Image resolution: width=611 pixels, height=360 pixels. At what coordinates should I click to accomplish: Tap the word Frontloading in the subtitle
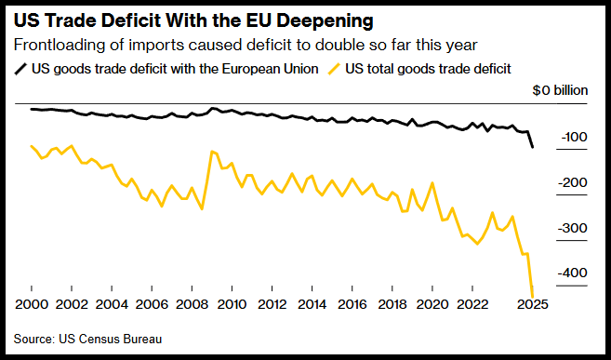tap(54, 46)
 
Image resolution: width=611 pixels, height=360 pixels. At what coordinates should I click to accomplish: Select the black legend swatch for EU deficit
tap(20, 70)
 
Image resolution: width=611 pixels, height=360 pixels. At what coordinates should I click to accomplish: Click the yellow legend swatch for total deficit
tap(335, 70)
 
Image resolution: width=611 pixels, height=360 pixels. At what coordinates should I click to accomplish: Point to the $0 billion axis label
tap(560, 90)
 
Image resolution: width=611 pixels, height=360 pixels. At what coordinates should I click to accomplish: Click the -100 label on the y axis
tap(574, 138)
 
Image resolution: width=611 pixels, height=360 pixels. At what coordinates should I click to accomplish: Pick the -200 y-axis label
tap(573, 182)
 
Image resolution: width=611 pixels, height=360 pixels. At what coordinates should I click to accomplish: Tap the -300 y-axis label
tap(573, 228)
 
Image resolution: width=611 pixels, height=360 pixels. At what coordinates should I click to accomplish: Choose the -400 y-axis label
tap(573, 273)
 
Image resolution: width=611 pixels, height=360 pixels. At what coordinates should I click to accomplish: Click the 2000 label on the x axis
tap(32, 304)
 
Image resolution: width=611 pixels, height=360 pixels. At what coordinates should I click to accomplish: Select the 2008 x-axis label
tap(192, 304)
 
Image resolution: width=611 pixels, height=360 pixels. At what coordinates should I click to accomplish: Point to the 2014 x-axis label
tap(312, 304)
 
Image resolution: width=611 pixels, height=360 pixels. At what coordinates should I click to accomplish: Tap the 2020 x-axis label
tap(432, 304)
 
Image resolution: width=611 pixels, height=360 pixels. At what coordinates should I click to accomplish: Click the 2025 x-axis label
tap(532, 304)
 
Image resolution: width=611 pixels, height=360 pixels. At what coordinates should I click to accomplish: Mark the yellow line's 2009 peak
tap(212, 152)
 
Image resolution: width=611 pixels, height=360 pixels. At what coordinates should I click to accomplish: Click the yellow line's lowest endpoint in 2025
tap(532, 296)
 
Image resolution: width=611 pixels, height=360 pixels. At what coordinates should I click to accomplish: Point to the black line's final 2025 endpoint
tap(532, 147)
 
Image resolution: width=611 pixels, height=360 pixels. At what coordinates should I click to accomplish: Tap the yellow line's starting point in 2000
tap(32, 146)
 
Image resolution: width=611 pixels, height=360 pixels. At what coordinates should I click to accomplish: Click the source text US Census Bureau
tap(111, 339)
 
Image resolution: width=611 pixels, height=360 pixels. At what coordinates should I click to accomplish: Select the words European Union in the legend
tap(270, 70)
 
